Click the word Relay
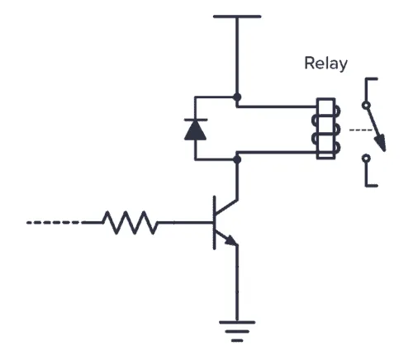click(x=326, y=64)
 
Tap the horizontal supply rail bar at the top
click(x=237, y=16)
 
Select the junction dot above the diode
click(x=238, y=97)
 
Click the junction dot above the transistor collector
click(x=238, y=161)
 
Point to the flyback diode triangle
click(x=195, y=130)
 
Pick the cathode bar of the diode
click(x=195, y=120)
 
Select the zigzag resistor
click(x=130, y=221)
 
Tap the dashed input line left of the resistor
click(x=54, y=221)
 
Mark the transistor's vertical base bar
click(x=213, y=221)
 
